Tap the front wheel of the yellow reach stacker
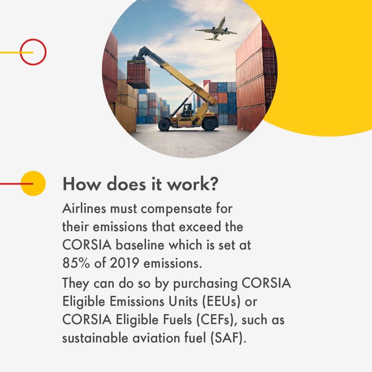click(164, 125)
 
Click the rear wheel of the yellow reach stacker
click(209, 124)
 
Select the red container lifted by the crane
click(138, 74)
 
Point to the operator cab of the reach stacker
click(187, 110)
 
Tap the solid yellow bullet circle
click(33, 183)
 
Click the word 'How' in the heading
click(82, 184)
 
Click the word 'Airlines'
click(84, 209)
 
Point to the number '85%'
click(76, 263)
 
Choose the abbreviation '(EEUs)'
click(221, 302)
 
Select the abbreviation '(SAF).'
click(229, 338)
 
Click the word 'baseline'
click(140, 245)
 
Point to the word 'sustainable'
click(95, 338)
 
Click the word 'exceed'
click(200, 227)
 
